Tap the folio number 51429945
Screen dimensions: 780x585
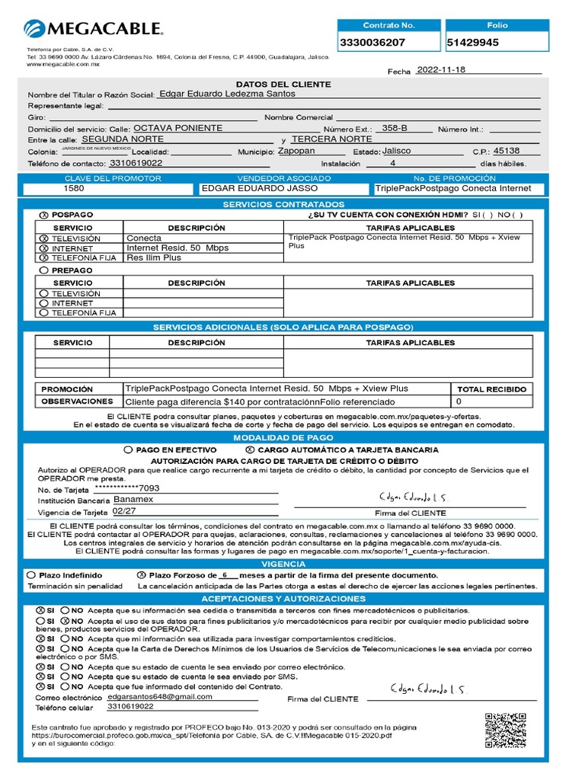pyautogui.click(x=473, y=43)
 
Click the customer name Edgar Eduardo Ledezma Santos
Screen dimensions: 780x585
pyautogui.click(x=226, y=94)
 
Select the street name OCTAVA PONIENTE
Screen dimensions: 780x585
pyautogui.click(x=178, y=128)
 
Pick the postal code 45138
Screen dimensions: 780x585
pyautogui.click(x=507, y=151)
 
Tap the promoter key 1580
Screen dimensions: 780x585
pyautogui.click(x=74, y=188)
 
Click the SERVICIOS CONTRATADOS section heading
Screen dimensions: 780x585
pyautogui.click(x=283, y=205)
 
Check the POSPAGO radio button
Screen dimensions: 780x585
pyautogui.click(x=43, y=216)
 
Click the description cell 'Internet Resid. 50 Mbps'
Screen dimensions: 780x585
pyautogui.click(x=177, y=248)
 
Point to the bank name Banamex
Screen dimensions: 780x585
pyautogui.click(x=134, y=500)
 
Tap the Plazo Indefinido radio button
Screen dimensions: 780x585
pyautogui.click(x=31, y=575)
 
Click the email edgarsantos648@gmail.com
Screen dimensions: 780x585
pyautogui.click(x=160, y=697)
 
